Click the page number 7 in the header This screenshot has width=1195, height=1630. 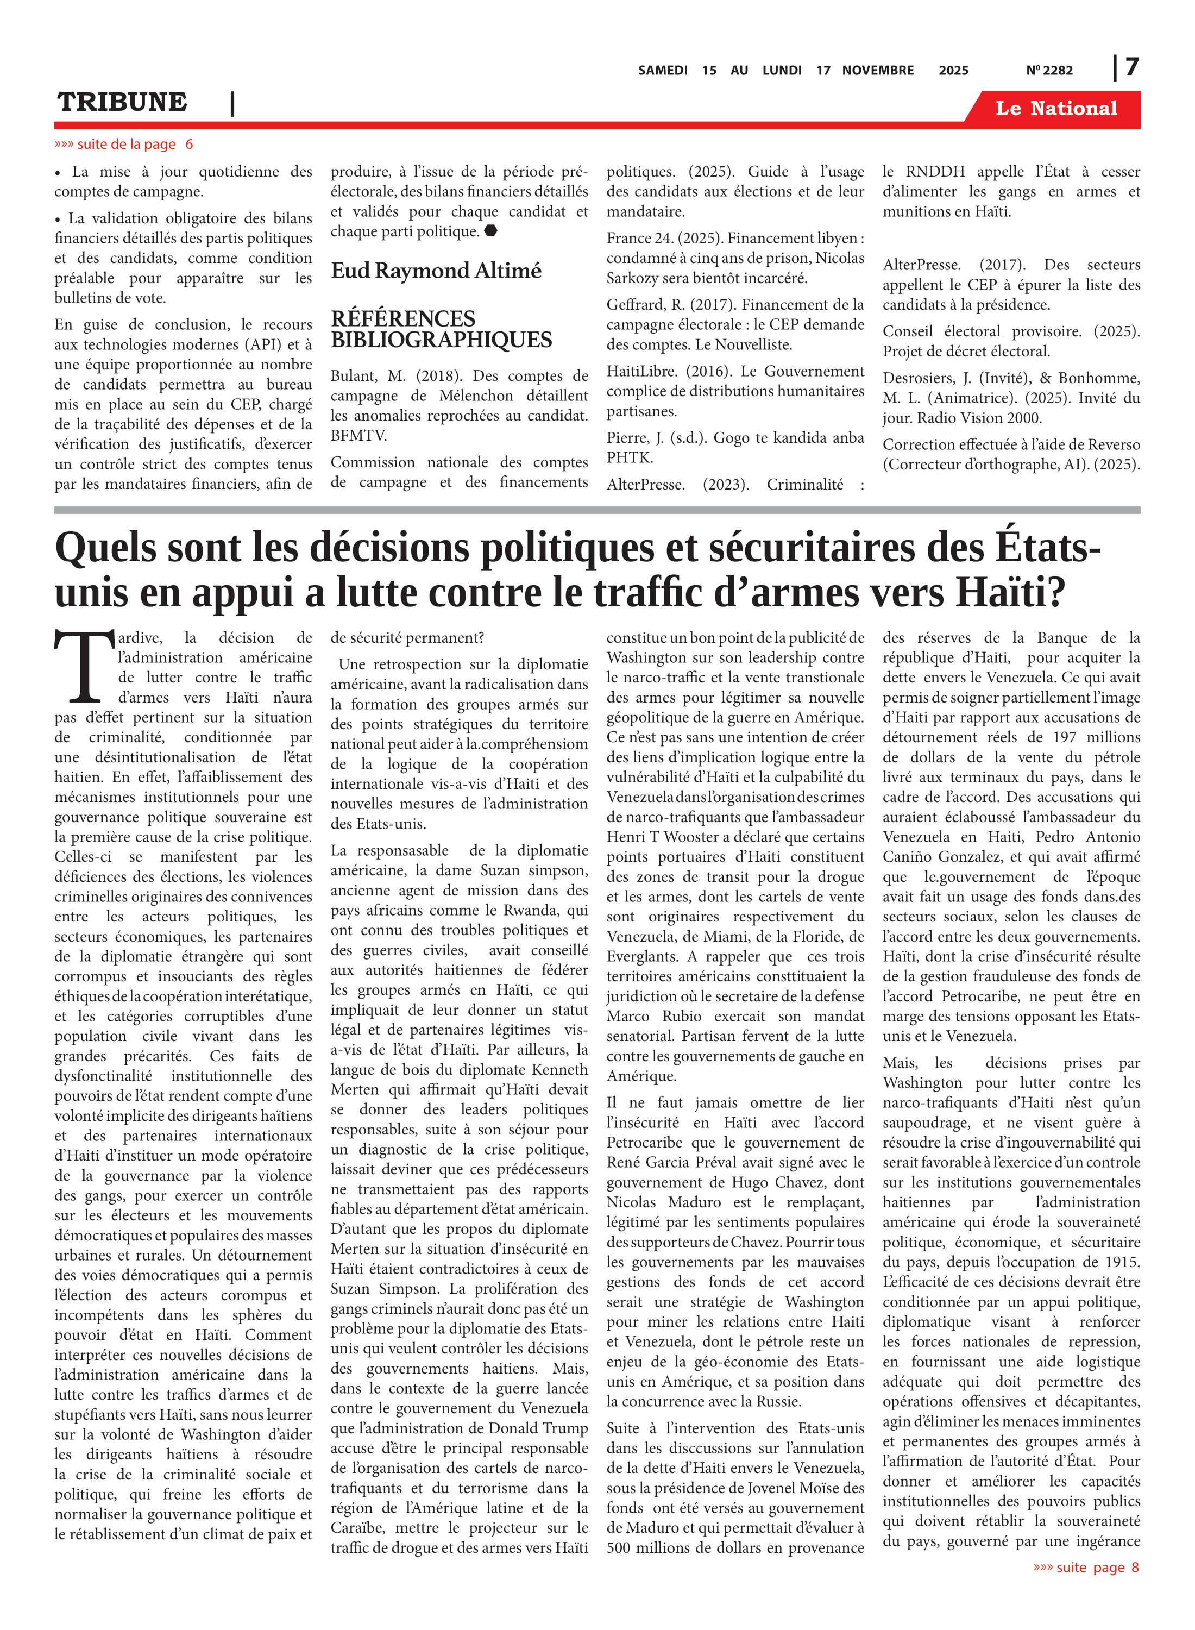(x=1132, y=67)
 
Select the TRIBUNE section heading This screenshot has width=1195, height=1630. (x=122, y=102)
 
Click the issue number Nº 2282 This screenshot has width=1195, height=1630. (x=1049, y=70)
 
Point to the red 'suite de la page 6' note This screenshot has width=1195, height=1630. (x=124, y=144)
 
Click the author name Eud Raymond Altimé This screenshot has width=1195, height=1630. (x=436, y=271)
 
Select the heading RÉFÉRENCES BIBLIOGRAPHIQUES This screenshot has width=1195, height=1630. (x=441, y=329)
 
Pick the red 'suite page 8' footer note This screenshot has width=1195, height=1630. (x=1086, y=1567)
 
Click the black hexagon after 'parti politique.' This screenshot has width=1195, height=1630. (x=490, y=231)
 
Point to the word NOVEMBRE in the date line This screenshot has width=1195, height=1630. (x=877, y=70)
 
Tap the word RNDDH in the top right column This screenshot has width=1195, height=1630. (x=935, y=172)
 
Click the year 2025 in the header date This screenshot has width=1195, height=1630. (x=953, y=70)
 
